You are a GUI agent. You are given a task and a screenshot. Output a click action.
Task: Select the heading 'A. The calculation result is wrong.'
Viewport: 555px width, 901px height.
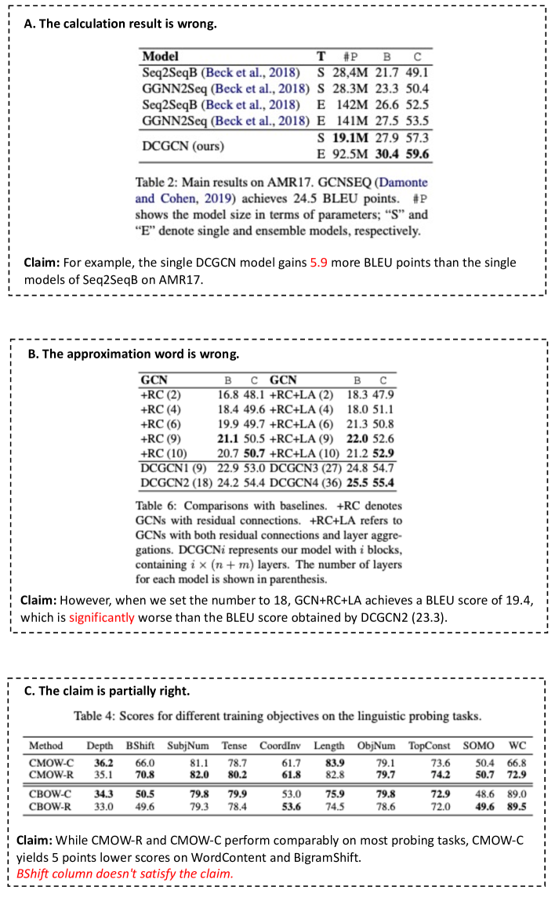121,24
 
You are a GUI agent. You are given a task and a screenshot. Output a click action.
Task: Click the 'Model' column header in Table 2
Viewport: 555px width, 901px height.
160,56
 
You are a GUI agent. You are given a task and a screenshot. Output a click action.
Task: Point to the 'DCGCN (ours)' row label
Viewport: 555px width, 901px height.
182,146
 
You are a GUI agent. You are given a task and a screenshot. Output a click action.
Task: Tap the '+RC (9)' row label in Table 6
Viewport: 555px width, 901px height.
160,438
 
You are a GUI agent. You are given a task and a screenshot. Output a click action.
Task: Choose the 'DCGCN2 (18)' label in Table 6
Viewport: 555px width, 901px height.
172,483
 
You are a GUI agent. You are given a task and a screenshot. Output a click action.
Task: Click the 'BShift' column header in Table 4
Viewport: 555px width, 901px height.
141,745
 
